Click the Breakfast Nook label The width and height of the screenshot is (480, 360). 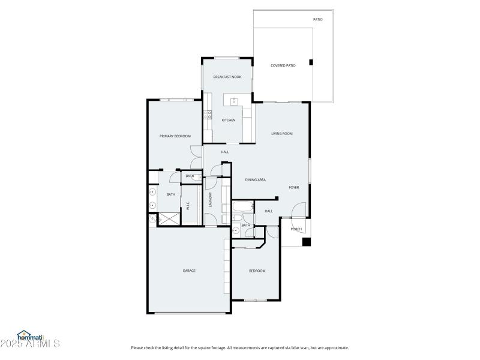click(x=227, y=77)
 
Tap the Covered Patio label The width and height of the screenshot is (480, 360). click(x=283, y=65)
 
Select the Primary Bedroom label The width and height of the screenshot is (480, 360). click(x=175, y=136)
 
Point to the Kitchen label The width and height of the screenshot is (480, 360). click(x=229, y=121)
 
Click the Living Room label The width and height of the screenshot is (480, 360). click(x=282, y=133)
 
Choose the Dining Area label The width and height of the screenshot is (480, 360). click(x=256, y=179)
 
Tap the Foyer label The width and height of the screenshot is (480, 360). click(x=294, y=187)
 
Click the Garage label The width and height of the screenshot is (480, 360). click(x=189, y=271)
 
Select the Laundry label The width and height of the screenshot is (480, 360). click(x=211, y=199)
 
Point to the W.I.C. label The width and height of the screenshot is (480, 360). click(x=188, y=206)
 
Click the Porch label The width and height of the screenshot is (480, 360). click(x=296, y=229)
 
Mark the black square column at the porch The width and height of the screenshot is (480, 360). click(x=306, y=242)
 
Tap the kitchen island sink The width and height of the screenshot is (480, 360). click(x=234, y=100)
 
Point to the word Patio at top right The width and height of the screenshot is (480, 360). click(x=318, y=19)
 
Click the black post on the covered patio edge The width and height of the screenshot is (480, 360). click(x=310, y=62)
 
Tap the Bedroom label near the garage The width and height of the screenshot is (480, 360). click(x=257, y=271)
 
